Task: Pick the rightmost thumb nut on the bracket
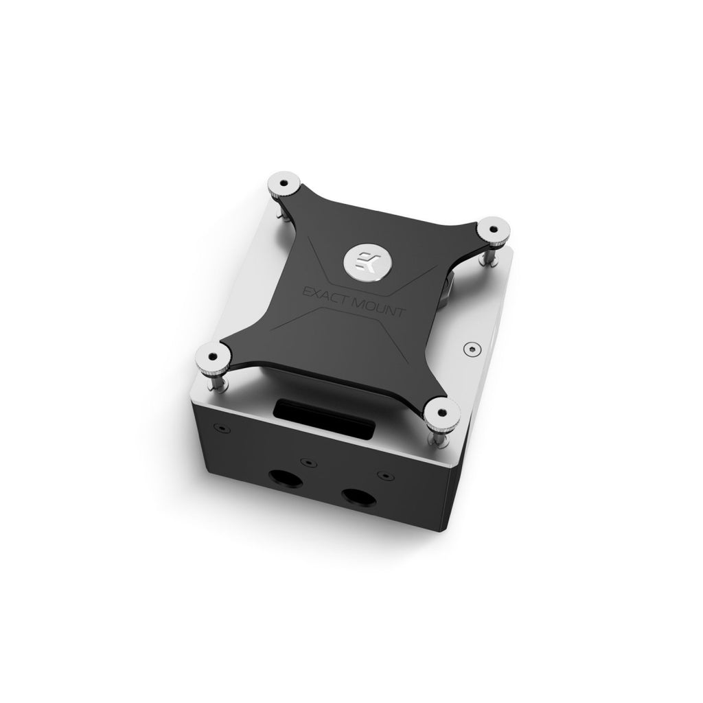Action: tap(493, 227)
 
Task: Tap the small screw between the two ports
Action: tap(306, 464)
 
